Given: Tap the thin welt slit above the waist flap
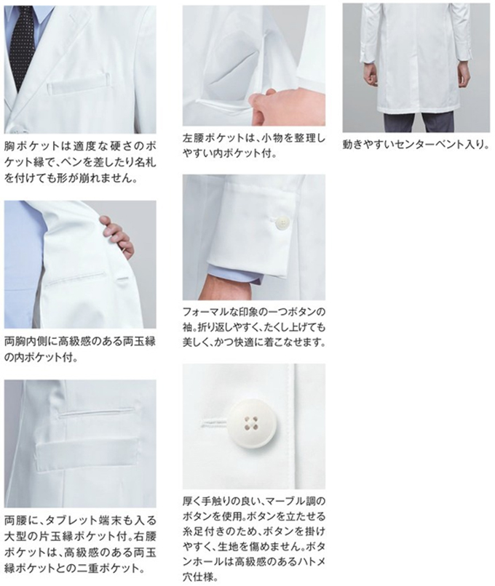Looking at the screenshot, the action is pos(97,412).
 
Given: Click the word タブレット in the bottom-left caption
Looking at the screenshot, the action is pos(72,521).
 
